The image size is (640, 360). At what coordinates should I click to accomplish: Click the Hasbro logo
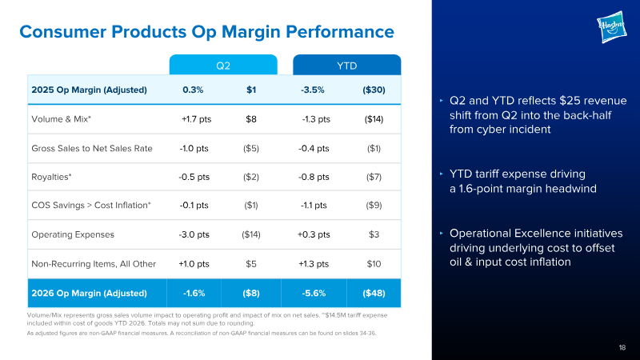(611, 27)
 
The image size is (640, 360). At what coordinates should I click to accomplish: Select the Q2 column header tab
(223, 65)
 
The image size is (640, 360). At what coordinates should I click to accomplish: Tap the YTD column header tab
(347, 65)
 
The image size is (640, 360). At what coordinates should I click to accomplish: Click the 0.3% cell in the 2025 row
(193, 90)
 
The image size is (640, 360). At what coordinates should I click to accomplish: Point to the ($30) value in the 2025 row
(374, 90)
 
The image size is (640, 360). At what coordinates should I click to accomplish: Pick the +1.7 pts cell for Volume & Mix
(196, 119)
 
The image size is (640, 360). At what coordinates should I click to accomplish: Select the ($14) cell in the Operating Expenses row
(251, 234)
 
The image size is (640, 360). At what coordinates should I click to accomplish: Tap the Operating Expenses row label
(73, 234)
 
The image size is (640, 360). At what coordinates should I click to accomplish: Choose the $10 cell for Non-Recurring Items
(374, 264)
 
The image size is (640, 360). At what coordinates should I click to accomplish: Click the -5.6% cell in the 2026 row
(314, 293)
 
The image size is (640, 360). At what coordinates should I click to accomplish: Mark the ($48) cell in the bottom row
(374, 293)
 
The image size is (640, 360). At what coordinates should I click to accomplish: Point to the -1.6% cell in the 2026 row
(194, 293)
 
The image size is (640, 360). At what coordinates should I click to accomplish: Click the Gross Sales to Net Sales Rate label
(92, 148)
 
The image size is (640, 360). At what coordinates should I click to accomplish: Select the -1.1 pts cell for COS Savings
(314, 205)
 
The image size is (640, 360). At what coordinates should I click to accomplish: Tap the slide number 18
(622, 347)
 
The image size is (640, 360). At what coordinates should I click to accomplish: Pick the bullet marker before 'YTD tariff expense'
(442, 174)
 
